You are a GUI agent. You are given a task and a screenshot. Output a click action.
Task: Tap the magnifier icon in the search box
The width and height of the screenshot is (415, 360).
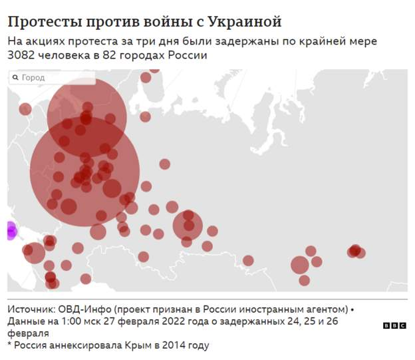pyautogui.click(x=15, y=78)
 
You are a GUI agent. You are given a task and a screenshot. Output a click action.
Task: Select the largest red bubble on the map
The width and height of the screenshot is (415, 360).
pyautogui.click(x=84, y=172)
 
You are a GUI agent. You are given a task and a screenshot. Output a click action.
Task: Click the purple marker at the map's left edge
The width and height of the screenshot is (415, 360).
pyautogui.click(x=11, y=231)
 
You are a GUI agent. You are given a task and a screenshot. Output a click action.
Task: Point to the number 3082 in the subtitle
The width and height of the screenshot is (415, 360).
pyautogui.click(x=23, y=55)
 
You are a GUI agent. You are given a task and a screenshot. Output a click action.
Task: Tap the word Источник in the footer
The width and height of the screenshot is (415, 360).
pyautogui.click(x=32, y=309)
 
